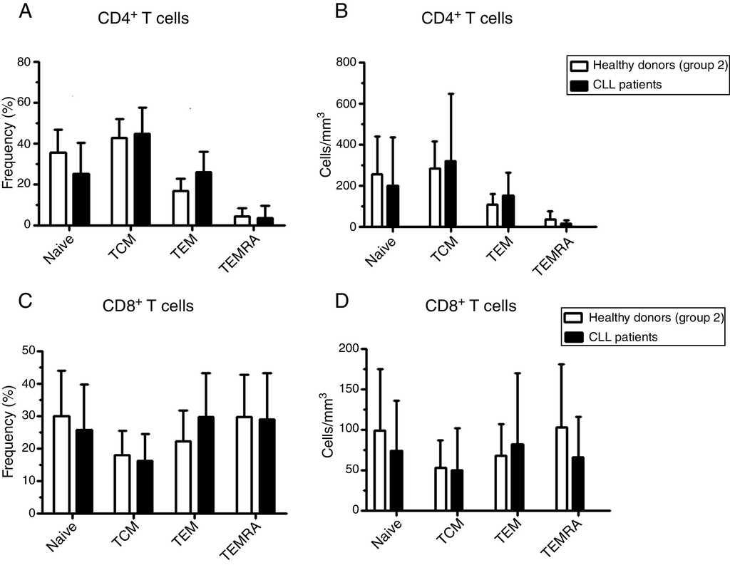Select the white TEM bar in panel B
[492, 216]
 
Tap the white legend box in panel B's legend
[580, 66]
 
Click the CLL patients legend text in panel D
[625, 336]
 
